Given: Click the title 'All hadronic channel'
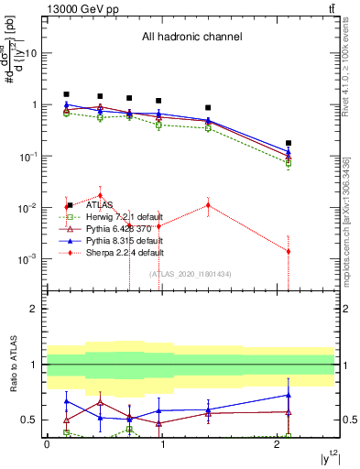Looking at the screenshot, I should tap(191, 38).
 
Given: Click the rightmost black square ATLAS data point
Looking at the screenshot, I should tap(289, 143).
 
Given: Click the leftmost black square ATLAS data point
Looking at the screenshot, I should tap(66, 94).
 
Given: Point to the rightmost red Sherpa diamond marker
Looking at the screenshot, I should tap(289, 251).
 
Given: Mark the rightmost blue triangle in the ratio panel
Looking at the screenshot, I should tap(289, 395).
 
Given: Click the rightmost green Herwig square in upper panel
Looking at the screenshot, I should tap(289, 163).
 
